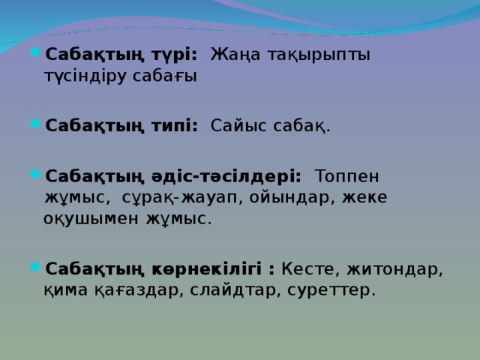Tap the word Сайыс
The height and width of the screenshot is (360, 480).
point(238,126)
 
